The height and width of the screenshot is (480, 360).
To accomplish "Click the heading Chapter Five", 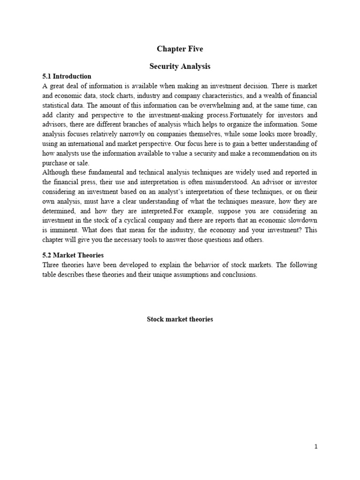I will point(180,49).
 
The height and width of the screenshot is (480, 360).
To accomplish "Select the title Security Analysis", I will point(180,67).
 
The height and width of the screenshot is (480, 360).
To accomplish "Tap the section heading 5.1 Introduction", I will point(67,76).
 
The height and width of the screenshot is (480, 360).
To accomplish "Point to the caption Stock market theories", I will point(180,319).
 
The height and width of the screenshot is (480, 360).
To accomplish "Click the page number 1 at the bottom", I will point(316,447).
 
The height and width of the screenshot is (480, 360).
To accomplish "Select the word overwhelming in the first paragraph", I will point(208,105).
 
